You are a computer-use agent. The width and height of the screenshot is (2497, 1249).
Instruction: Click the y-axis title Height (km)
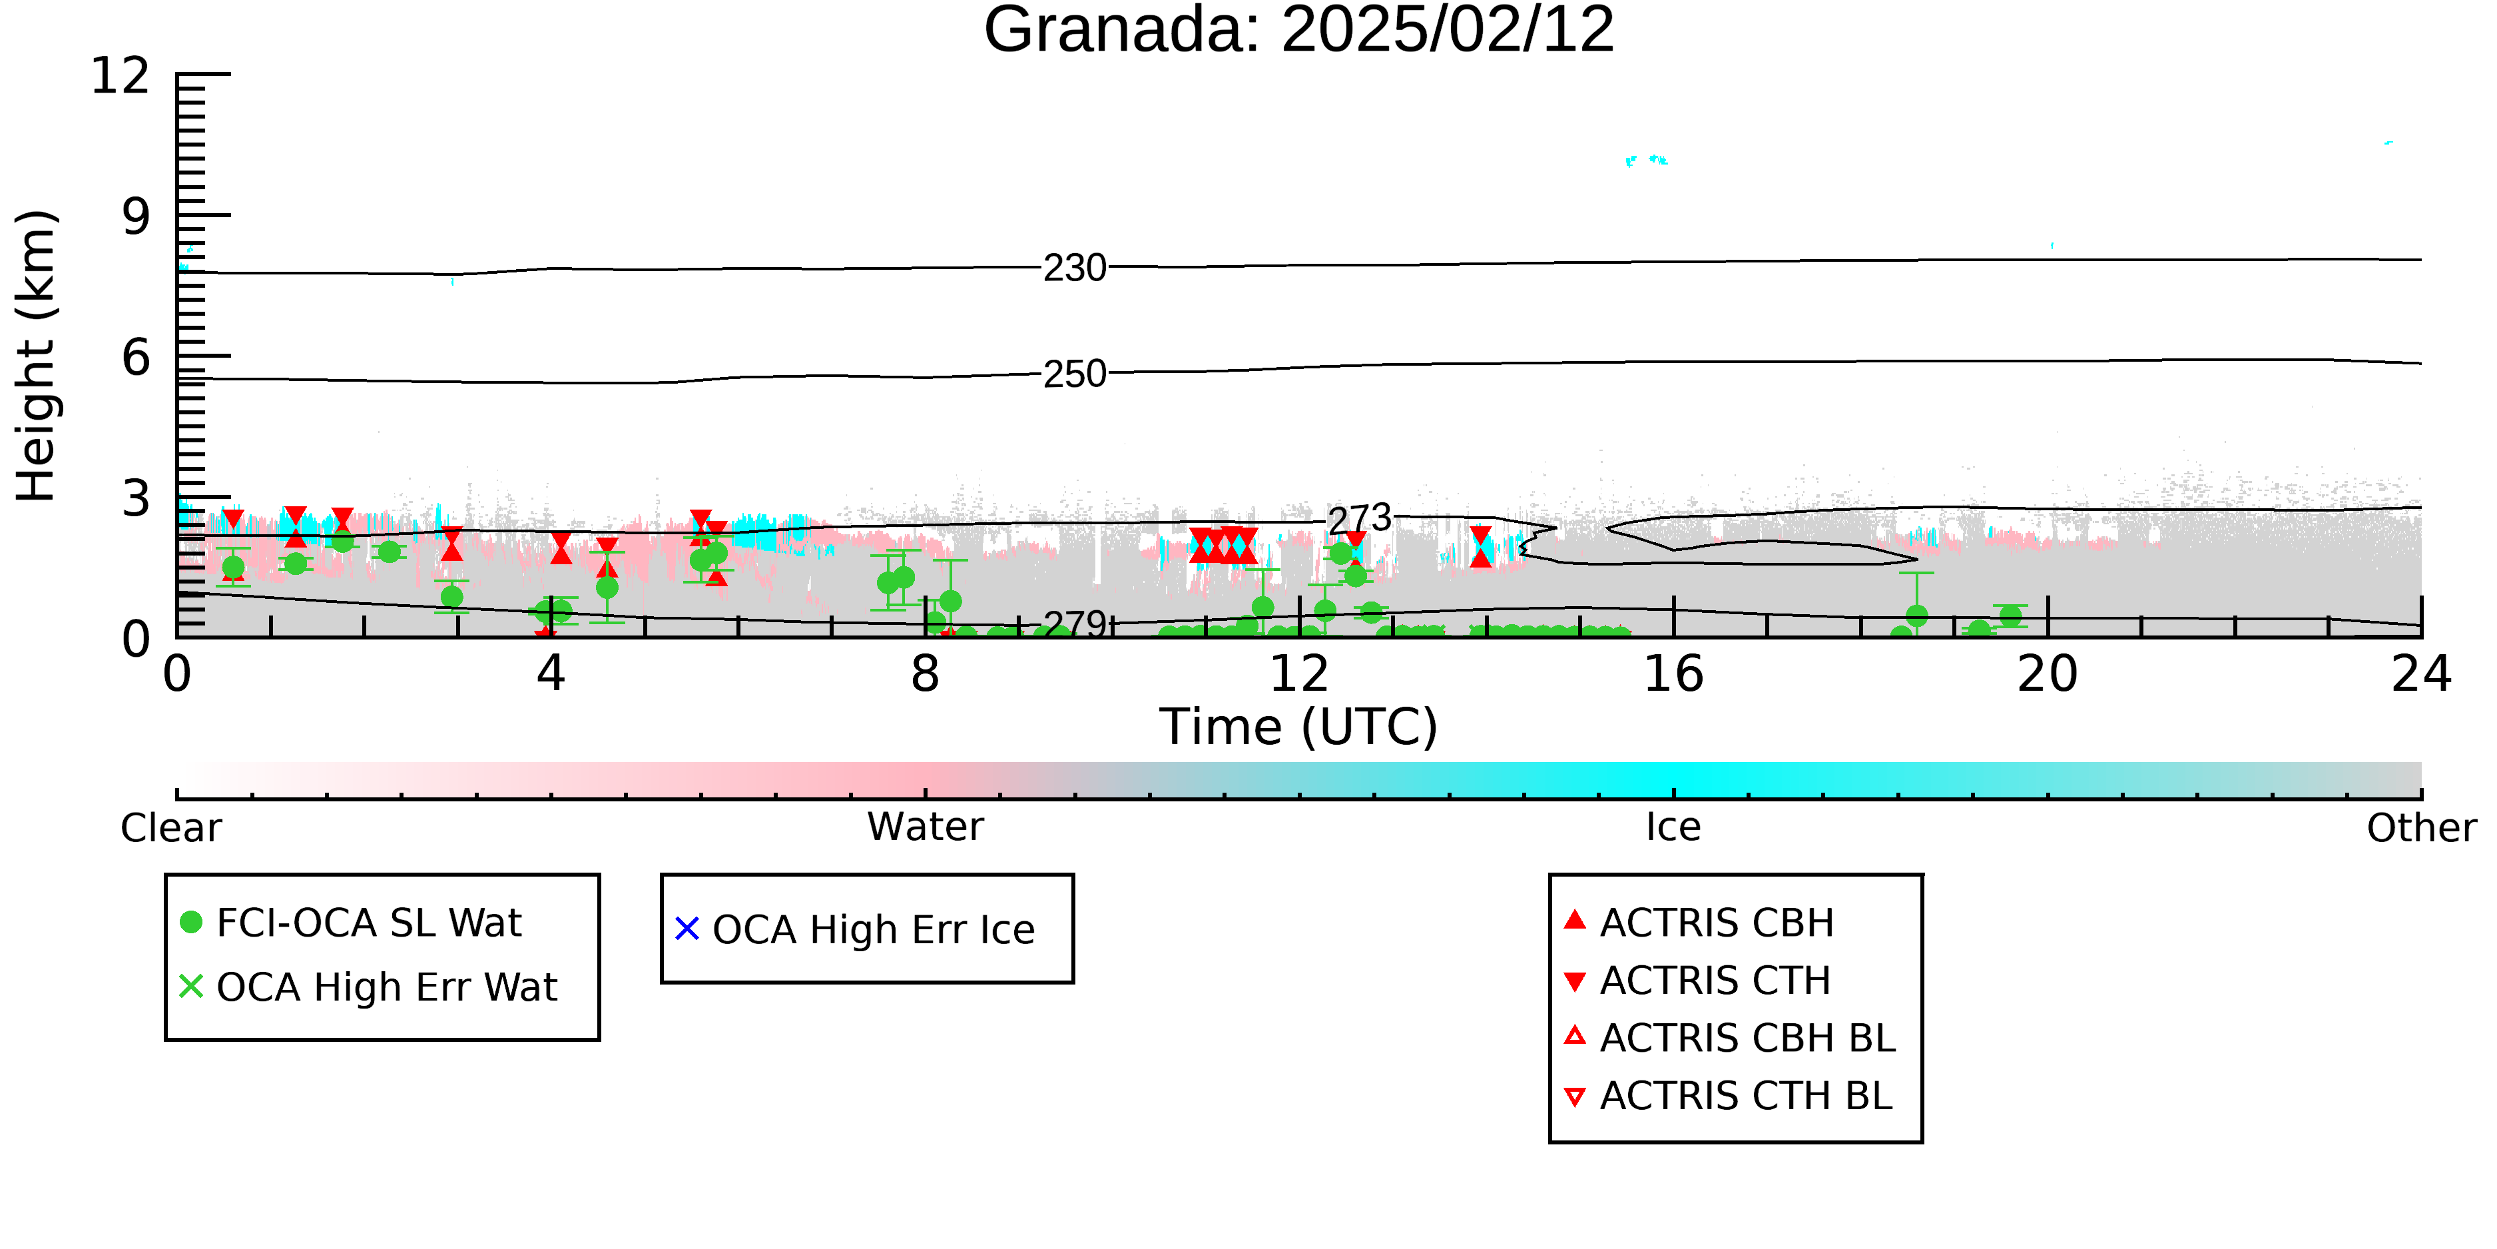click(x=37, y=356)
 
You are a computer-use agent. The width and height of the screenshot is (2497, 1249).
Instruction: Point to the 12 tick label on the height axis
click(x=121, y=76)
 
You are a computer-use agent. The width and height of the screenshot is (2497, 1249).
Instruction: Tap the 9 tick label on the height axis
click(x=137, y=216)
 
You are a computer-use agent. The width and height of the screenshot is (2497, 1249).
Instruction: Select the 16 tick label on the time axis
click(x=1673, y=674)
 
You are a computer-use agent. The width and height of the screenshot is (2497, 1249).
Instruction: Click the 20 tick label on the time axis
click(x=2048, y=674)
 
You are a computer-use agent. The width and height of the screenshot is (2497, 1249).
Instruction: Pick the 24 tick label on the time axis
click(x=2421, y=674)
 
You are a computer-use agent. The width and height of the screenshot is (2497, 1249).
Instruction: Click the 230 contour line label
click(x=1074, y=268)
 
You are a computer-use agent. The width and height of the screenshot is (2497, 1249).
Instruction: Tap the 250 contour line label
click(x=1074, y=373)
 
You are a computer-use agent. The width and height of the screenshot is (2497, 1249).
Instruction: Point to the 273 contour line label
click(x=1359, y=520)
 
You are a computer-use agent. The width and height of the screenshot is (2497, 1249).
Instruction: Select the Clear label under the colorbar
click(x=170, y=828)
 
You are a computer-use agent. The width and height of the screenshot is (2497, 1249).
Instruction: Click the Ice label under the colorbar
click(x=1673, y=827)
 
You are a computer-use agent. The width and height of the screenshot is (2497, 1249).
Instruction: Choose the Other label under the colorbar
click(x=2421, y=828)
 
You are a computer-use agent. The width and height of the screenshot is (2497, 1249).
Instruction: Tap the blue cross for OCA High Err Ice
click(x=687, y=929)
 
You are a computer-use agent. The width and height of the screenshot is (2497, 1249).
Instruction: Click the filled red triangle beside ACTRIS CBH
click(x=1575, y=919)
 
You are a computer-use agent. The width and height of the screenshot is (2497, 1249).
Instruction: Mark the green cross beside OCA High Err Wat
click(x=191, y=986)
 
